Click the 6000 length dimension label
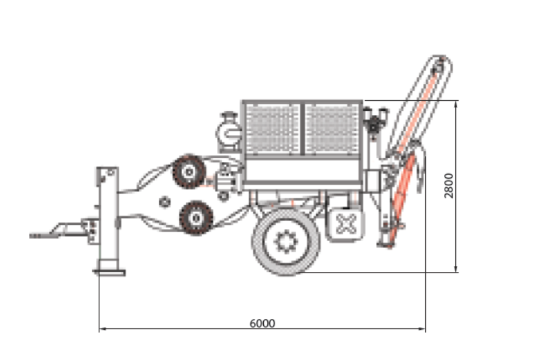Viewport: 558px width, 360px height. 263,323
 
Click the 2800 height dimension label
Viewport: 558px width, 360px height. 449,185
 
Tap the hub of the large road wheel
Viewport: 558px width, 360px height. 285,241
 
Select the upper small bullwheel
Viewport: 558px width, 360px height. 189,172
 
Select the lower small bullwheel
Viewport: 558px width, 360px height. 196,218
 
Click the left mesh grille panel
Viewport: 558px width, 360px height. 272,129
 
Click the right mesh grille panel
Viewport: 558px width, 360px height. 332,129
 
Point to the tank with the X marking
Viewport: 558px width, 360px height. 345,224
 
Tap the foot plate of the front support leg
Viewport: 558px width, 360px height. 109,273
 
